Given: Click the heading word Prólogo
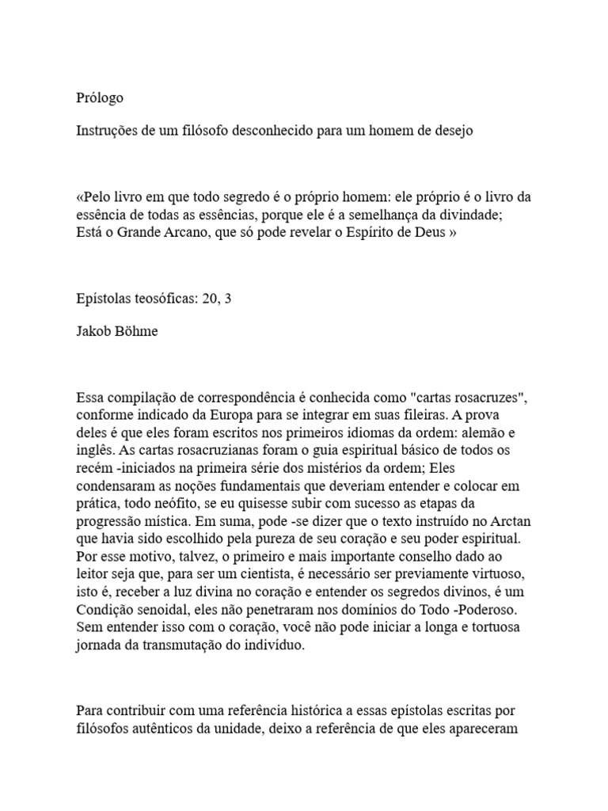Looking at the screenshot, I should click(x=100, y=98).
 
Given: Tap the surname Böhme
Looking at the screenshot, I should click(x=136, y=331).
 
